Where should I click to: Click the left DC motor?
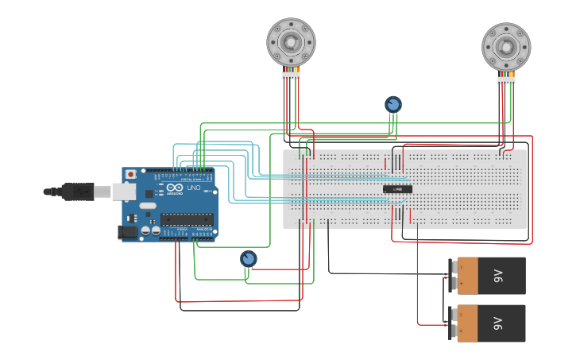291,41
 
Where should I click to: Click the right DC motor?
506,46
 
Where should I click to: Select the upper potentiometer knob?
392,104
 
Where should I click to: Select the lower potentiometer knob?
249,259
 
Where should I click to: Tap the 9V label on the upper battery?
498,276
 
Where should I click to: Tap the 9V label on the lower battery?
498,323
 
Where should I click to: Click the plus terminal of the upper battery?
454,282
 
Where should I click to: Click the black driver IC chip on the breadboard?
397,188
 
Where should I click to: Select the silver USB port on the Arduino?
124,191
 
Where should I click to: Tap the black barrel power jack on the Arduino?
127,232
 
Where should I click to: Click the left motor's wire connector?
291,75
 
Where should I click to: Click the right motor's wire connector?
506,79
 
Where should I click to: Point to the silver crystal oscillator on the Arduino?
149,206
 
